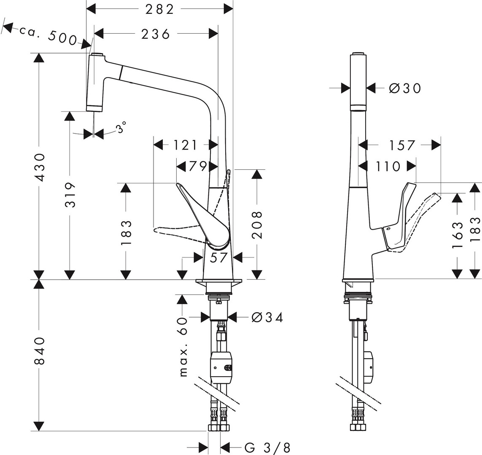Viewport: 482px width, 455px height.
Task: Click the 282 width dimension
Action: [159, 10]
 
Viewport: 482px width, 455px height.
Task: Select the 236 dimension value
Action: [156, 34]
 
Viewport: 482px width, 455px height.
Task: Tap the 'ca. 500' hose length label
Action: [48, 35]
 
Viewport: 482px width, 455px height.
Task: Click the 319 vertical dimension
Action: [71, 195]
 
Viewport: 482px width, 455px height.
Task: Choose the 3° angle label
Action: [121, 127]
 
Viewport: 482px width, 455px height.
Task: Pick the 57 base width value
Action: [218, 257]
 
